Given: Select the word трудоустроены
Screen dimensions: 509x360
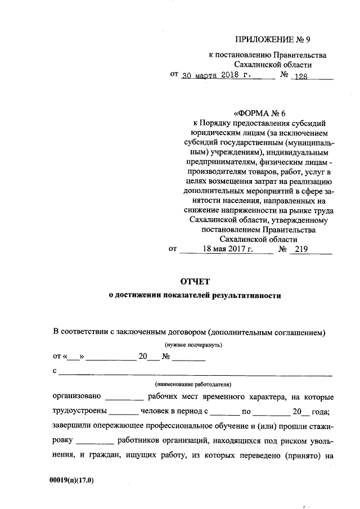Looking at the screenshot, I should (79, 411).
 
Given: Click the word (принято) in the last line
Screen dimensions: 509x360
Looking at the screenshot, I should (303, 456).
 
